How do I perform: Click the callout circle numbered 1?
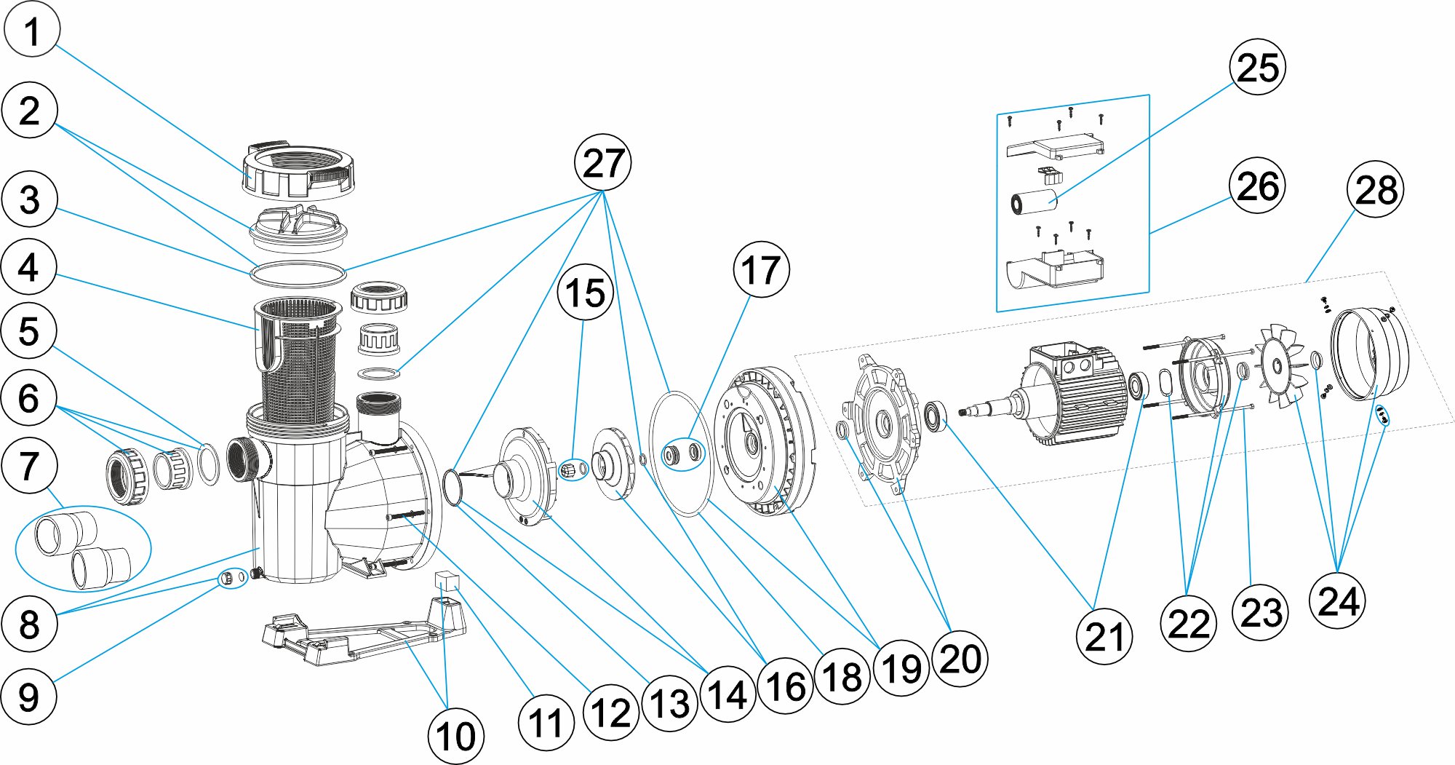31,30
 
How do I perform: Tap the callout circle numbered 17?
761,270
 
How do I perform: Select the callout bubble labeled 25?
1257,67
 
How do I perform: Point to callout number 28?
1375,189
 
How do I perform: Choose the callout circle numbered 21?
1104,637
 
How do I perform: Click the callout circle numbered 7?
29,466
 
